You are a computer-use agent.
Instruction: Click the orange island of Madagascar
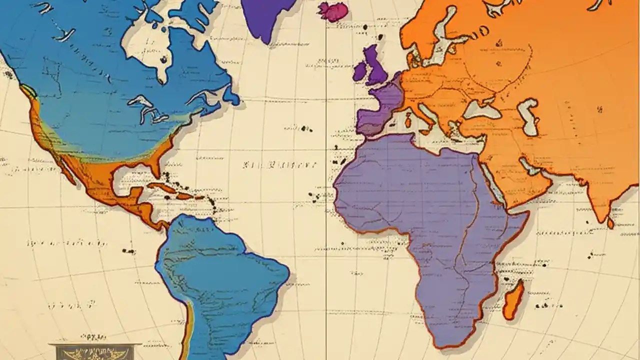point(513,300)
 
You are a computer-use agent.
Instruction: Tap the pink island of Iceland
point(332,11)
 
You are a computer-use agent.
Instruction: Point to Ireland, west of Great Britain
point(359,71)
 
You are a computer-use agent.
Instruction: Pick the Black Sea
point(481,110)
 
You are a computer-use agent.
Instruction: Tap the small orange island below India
point(610,222)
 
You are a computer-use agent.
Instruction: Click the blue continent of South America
point(220,280)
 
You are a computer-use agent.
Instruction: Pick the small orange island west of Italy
point(408,120)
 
